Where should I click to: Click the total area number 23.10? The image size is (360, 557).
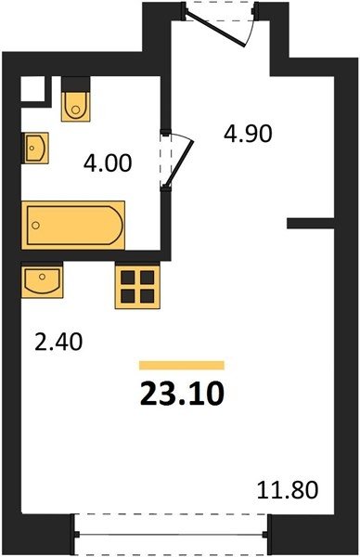pos(182,395)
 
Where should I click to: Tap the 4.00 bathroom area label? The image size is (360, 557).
pos(108,163)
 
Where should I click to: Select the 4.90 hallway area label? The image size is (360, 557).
pos(248,134)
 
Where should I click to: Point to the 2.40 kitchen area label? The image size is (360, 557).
pos(58,342)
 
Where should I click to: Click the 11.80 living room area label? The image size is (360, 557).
pos(288,489)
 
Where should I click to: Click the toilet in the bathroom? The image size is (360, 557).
pos(75,107)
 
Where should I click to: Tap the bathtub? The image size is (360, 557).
pos(73,226)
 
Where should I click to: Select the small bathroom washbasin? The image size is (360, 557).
pos(35,149)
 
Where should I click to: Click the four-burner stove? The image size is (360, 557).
pos(137,287)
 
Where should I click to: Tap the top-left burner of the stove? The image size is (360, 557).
pos(128,277)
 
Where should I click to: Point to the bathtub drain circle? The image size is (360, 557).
pos(35,226)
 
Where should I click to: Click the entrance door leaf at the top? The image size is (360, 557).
pos(215,30)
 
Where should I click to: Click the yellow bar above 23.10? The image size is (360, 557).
pos(182,366)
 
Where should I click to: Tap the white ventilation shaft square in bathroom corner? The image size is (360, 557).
pos(32,89)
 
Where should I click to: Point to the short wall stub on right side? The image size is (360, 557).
pos(311,224)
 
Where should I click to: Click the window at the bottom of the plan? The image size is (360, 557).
pos(171,534)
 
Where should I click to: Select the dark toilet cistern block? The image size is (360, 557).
pos(75,84)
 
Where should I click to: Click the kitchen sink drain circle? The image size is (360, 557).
pos(43,277)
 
